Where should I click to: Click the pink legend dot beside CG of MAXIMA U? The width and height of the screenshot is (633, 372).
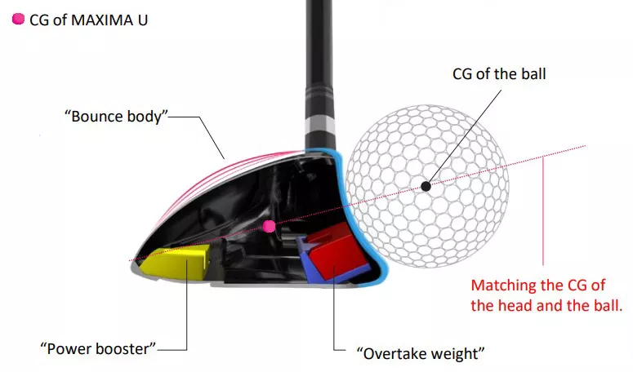tap(18, 19)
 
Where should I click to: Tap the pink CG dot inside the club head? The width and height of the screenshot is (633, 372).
tap(269, 227)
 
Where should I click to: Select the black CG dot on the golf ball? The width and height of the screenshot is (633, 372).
tap(426, 186)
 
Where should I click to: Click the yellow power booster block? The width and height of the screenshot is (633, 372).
tap(176, 263)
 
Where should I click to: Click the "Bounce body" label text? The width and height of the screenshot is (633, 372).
tap(116, 116)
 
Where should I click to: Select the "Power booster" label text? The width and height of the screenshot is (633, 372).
tap(98, 348)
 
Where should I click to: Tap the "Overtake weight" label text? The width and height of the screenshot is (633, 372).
tap(421, 353)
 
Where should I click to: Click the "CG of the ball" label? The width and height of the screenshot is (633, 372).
tap(499, 73)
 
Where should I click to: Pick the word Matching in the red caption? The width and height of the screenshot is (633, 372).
tap(504, 286)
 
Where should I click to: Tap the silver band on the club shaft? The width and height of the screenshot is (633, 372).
tap(320, 126)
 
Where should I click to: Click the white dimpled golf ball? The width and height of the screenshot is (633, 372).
tap(427, 186)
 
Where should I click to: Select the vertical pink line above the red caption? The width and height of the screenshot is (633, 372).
tap(543, 210)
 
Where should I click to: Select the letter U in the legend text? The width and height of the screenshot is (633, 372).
tap(142, 20)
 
